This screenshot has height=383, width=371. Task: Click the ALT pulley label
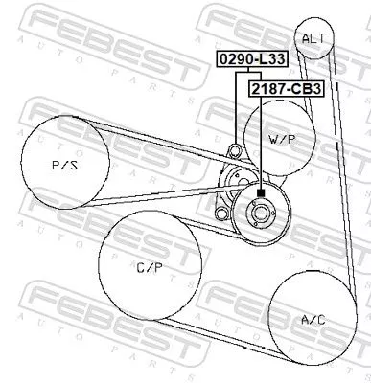click(x=313, y=38)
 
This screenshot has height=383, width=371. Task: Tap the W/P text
click(x=282, y=139)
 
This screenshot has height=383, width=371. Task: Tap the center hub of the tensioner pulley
click(x=261, y=214)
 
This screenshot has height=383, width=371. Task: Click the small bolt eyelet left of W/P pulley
click(x=233, y=150)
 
